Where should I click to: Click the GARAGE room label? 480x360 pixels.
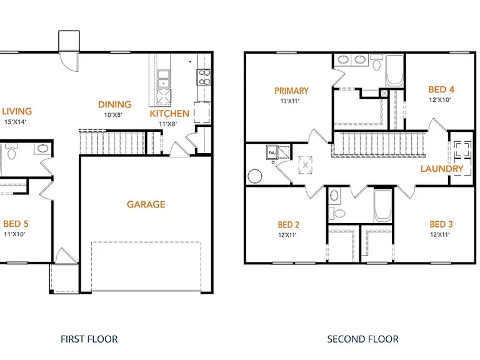(x=146, y=204)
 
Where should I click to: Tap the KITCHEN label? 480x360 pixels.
(x=169, y=114)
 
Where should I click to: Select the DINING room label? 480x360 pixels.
(x=114, y=104)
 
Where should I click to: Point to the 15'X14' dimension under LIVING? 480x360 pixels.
(x=15, y=122)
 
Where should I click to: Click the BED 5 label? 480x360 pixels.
(x=16, y=224)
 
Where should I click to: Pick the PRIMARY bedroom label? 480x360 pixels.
(x=291, y=91)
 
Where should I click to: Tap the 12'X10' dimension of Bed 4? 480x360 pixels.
(x=440, y=100)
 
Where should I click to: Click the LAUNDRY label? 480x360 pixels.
(x=442, y=169)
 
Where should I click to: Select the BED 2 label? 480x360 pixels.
(x=288, y=225)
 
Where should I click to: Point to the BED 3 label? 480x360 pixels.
(x=441, y=224)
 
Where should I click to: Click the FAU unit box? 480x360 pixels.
(x=272, y=152)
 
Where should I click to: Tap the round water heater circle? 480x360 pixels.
(x=255, y=176)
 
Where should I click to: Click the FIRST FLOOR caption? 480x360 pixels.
(x=89, y=339)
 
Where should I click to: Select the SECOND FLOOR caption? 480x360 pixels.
(x=362, y=339)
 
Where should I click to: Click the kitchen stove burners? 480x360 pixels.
(x=204, y=77)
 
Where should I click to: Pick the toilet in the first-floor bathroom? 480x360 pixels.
(x=11, y=151)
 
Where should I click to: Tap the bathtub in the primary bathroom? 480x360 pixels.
(x=394, y=71)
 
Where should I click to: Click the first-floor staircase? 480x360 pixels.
(x=112, y=142)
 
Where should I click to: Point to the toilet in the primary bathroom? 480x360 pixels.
(x=376, y=62)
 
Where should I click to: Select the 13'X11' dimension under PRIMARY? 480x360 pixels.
(x=290, y=101)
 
